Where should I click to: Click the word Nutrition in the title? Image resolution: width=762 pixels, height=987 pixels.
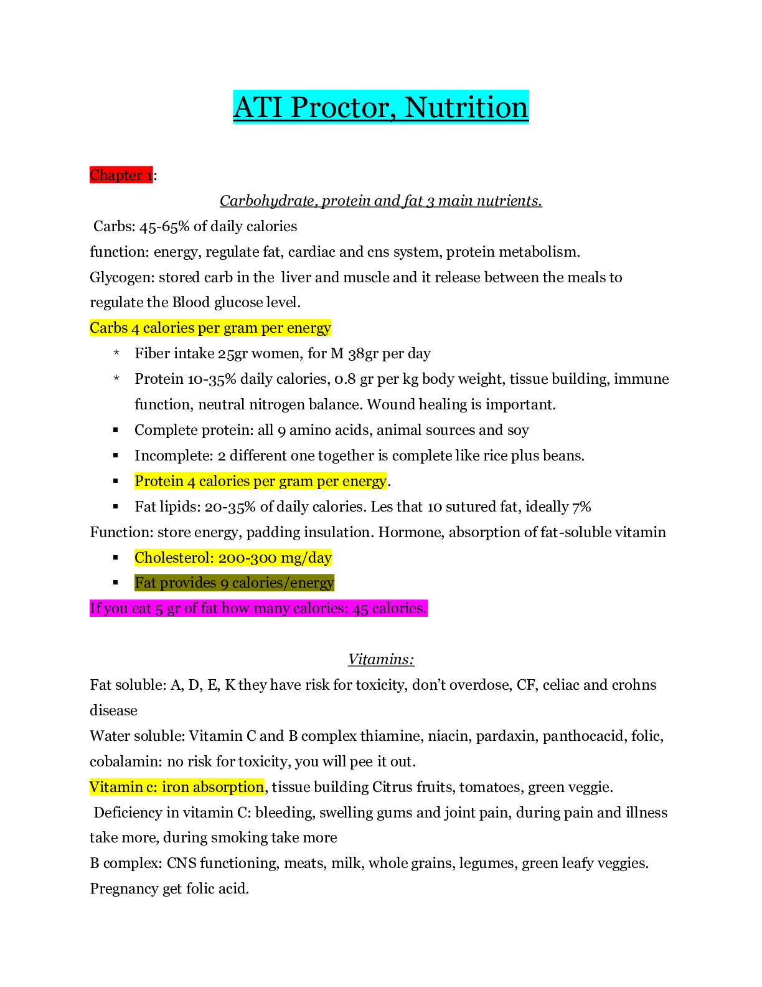tap(466, 108)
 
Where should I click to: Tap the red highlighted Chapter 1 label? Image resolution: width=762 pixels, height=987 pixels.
tap(121, 175)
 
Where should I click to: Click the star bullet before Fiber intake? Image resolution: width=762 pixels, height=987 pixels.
tap(116, 353)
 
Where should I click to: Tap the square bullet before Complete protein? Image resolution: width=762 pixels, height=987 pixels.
tap(116, 429)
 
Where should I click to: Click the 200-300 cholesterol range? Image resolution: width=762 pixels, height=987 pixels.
tap(247, 558)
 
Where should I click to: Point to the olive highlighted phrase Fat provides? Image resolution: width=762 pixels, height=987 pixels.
tap(175, 583)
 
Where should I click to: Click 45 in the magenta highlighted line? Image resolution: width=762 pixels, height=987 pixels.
tap(360, 609)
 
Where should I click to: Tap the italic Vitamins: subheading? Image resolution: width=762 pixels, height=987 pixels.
tap(381, 659)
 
